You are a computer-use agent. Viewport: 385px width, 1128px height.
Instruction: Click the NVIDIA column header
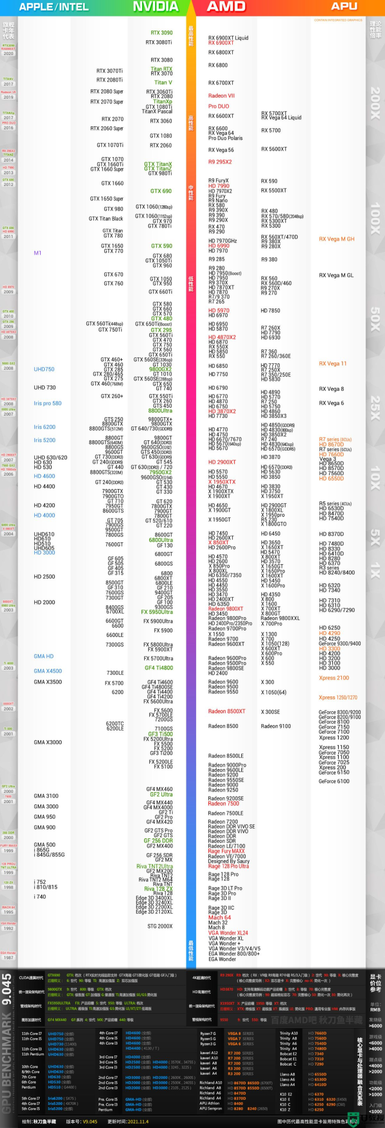[x=155, y=7]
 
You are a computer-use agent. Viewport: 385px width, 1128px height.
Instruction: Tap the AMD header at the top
[x=226, y=7]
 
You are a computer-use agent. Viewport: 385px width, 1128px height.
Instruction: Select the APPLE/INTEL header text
[x=54, y=7]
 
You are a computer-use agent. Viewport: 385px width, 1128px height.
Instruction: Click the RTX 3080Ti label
[x=159, y=42]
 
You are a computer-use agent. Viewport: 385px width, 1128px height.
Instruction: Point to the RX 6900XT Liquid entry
[x=228, y=38]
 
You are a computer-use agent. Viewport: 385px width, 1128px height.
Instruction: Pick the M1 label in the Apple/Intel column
[x=38, y=253]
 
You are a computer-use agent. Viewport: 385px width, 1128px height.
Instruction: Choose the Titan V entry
[x=163, y=82]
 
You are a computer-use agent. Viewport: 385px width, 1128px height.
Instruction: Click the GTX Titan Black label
[x=105, y=219]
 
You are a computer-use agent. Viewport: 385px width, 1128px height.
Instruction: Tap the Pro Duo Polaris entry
[x=225, y=139]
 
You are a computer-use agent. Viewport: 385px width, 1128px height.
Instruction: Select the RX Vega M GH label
[x=336, y=239]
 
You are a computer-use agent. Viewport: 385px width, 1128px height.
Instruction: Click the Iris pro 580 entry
[x=47, y=403]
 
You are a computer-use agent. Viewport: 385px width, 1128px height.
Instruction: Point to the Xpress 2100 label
[x=334, y=678]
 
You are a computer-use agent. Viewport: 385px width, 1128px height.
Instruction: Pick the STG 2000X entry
[x=160, y=926]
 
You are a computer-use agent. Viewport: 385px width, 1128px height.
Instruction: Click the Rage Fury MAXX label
[x=226, y=851]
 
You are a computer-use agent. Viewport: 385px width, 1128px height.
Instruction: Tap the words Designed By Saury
[x=229, y=861]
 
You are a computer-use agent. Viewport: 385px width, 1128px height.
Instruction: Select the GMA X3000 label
[x=48, y=742]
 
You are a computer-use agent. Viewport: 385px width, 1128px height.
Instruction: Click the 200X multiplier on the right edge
[x=375, y=103]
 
